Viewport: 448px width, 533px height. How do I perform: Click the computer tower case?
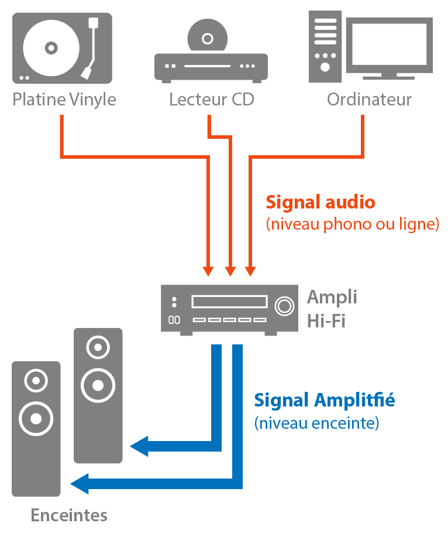[325, 47]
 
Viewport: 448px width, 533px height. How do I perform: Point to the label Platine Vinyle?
[64, 100]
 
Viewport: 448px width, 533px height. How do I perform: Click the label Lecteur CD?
[212, 100]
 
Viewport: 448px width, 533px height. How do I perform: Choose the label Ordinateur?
[369, 100]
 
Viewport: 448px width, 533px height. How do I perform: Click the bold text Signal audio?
[320, 203]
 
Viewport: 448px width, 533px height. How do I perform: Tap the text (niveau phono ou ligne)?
[352, 224]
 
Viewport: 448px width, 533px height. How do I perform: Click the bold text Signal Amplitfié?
[324, 401]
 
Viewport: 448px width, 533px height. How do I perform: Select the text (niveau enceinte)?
[316, 422]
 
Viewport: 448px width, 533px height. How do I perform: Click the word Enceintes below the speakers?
[69, 515]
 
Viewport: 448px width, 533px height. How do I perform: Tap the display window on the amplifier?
[229, 302]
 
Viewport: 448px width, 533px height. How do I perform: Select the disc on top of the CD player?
[207, 39]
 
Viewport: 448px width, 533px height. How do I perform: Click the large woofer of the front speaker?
[36, 418]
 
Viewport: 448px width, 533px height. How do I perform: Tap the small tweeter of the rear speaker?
[98, 348]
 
